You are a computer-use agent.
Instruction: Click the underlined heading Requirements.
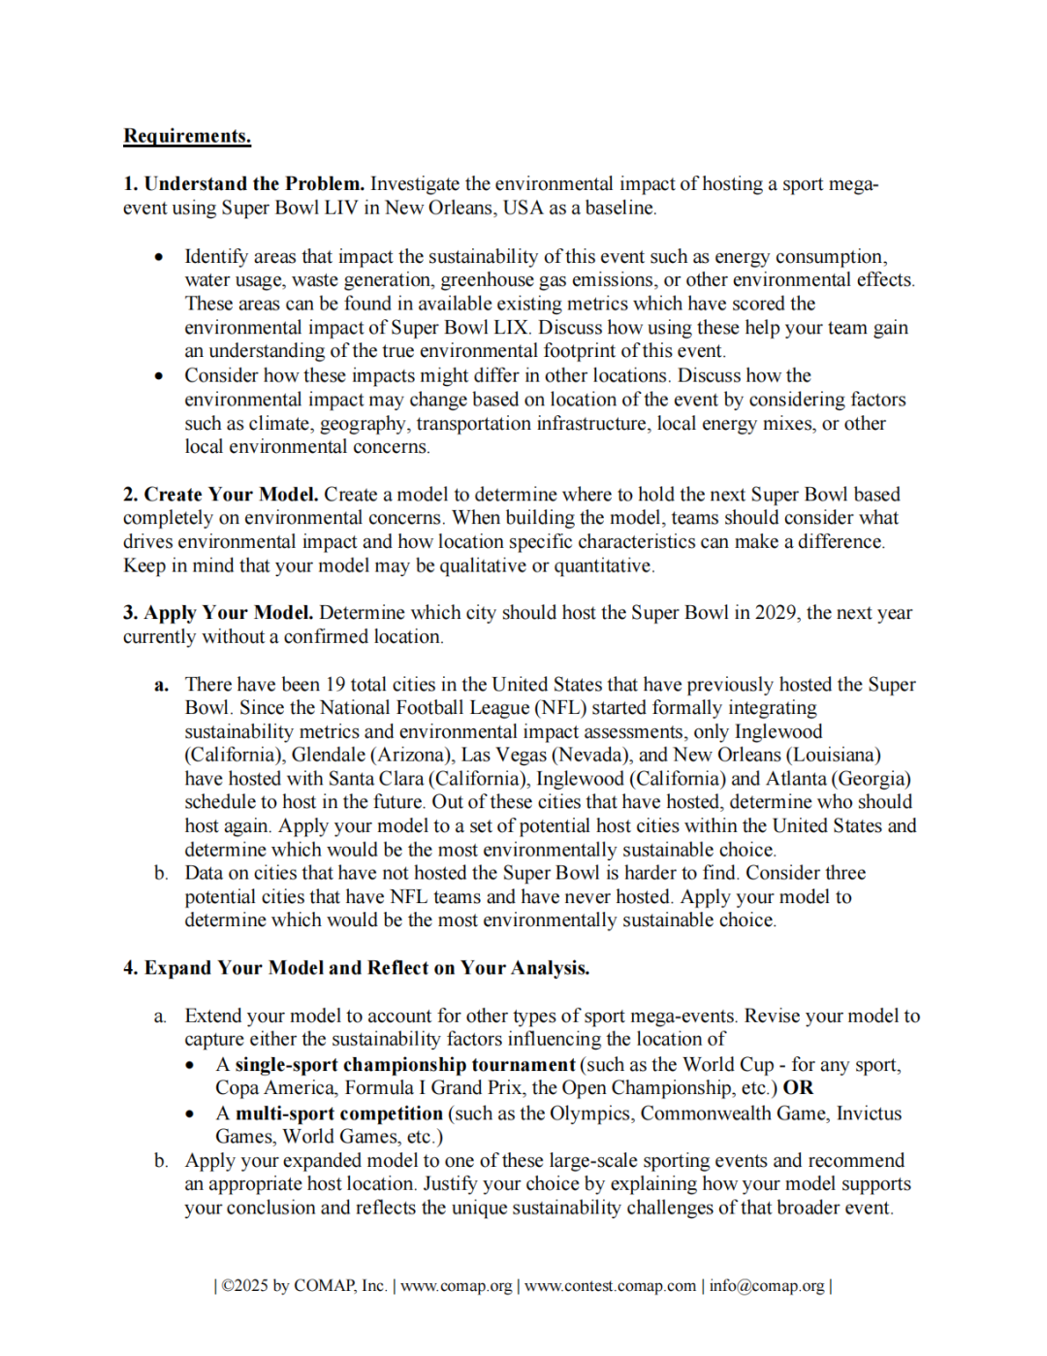(187, 136)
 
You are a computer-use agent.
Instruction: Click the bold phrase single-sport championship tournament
(405, 1065)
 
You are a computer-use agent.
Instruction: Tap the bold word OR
(798, 1088)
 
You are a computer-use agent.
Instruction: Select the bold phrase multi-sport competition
(339, 1114)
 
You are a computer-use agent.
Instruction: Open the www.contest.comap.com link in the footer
(610, 1286)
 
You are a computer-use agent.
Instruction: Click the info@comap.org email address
(766, 1286)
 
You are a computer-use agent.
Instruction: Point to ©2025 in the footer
(244, 1286)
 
